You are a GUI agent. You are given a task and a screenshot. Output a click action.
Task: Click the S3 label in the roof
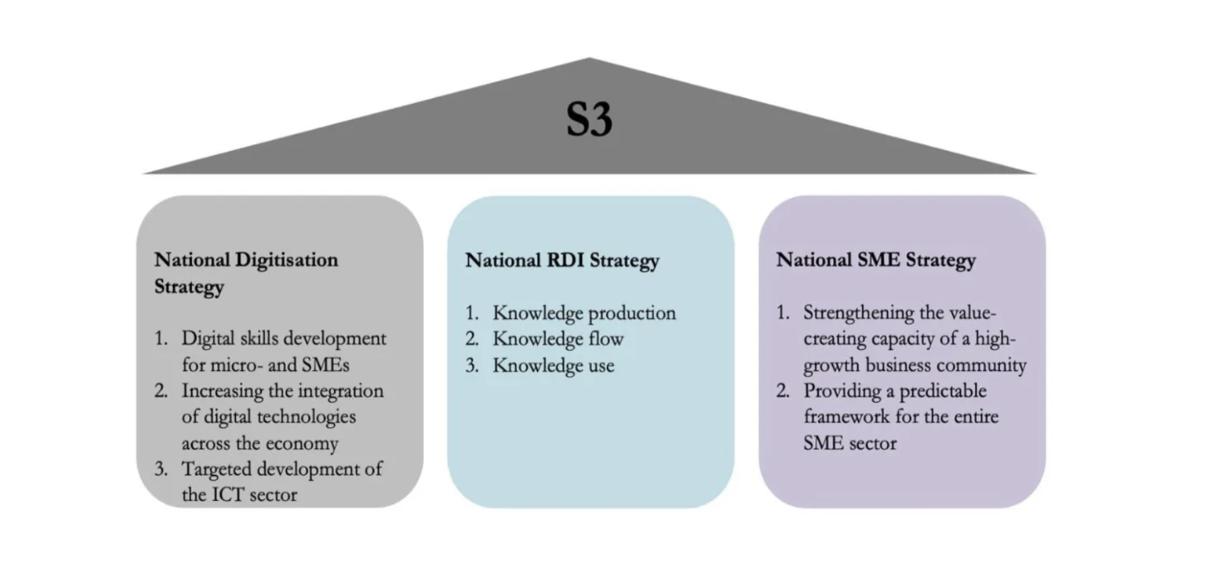590,119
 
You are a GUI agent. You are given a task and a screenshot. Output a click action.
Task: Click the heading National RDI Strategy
562,260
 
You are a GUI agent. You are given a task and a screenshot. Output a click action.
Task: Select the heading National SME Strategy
876,260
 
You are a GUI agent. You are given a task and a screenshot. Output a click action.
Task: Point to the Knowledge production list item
584,313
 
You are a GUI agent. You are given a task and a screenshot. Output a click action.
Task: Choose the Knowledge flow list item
558,339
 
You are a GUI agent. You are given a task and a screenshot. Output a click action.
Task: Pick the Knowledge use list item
553,365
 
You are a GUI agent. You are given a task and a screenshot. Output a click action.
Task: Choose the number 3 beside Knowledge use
472,365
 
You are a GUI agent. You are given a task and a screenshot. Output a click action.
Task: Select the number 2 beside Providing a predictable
783,391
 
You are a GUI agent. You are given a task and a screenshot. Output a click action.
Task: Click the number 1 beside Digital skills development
160,339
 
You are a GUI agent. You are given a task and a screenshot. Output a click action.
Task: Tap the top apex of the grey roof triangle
590,58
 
